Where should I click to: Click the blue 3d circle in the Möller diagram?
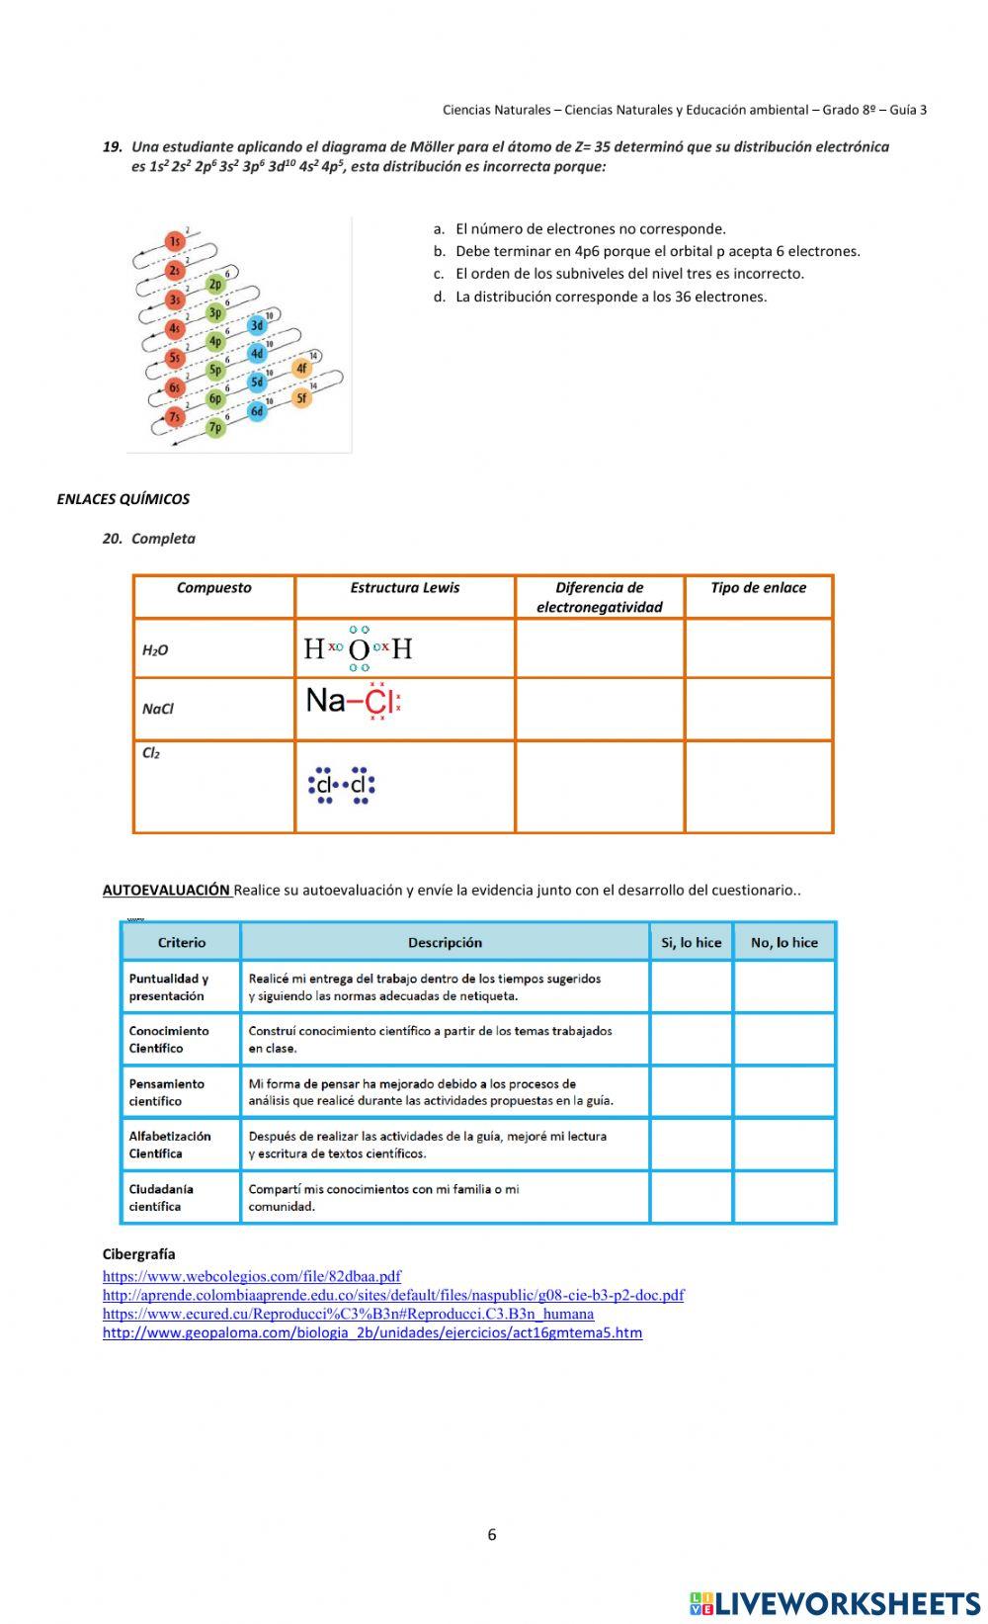coord(257,325)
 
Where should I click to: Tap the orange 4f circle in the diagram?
coord(302,369)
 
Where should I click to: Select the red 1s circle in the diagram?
coord(174,241)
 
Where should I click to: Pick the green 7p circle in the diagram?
coord(215,428)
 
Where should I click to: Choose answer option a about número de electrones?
coord(590,228)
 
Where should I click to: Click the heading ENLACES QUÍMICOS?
coord(123,499)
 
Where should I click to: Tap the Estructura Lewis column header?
coord(404,588)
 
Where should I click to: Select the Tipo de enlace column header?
coord(758,588)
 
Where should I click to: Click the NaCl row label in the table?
coord(158,709)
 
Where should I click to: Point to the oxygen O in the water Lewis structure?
coord(359,649)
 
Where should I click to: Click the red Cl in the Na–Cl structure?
coord(377,701)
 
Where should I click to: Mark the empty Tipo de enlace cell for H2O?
coord(758,648)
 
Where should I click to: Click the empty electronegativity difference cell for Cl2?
coord(599,787)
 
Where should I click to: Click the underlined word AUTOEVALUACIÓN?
coord(166,890)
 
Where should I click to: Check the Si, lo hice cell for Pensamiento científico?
coord(691,1092)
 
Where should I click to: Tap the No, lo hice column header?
coord(783,943)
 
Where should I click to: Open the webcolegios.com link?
coord(251,1277)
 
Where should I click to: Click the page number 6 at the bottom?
coord(492,1535)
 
